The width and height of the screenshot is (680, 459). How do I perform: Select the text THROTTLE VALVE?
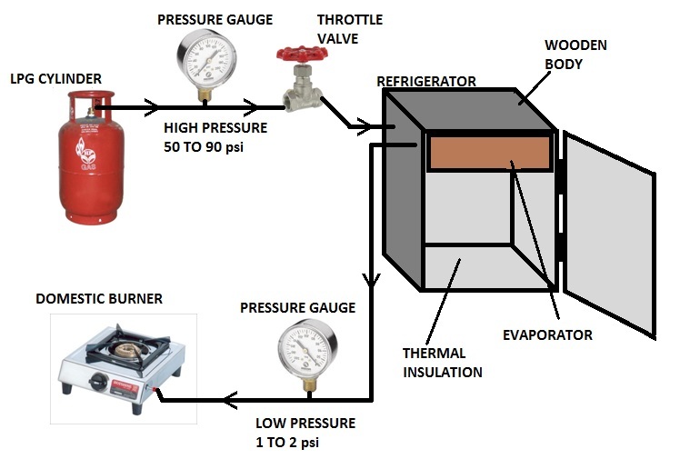click(x=349, y=29)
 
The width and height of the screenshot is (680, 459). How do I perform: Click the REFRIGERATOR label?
click(x=426, y=82)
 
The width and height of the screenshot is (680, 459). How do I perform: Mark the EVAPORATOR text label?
click(x=547, y=335)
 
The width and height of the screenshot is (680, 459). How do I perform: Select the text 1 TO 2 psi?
click(x=288, y=443)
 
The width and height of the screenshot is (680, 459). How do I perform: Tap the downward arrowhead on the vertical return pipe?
click(x=371, y=282)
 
